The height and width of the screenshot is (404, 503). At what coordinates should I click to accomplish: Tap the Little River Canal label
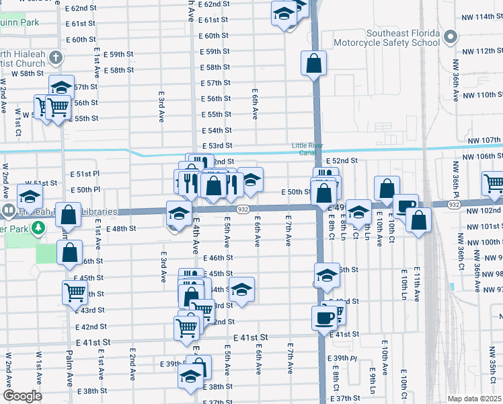pos(308,149)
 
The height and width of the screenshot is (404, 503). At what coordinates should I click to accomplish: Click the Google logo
pos(22,396)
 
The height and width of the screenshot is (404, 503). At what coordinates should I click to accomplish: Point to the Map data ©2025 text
pos(475,399)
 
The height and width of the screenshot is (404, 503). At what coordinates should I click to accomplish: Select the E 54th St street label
pos(218,131)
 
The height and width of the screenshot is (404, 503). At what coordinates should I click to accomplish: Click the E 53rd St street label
pos(218,146)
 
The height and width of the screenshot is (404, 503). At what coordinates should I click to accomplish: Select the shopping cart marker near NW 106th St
pos(493,181)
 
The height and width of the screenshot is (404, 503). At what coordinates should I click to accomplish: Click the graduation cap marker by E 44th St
pos(242,289)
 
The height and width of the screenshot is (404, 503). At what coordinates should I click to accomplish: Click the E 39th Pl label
pos(342,360)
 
